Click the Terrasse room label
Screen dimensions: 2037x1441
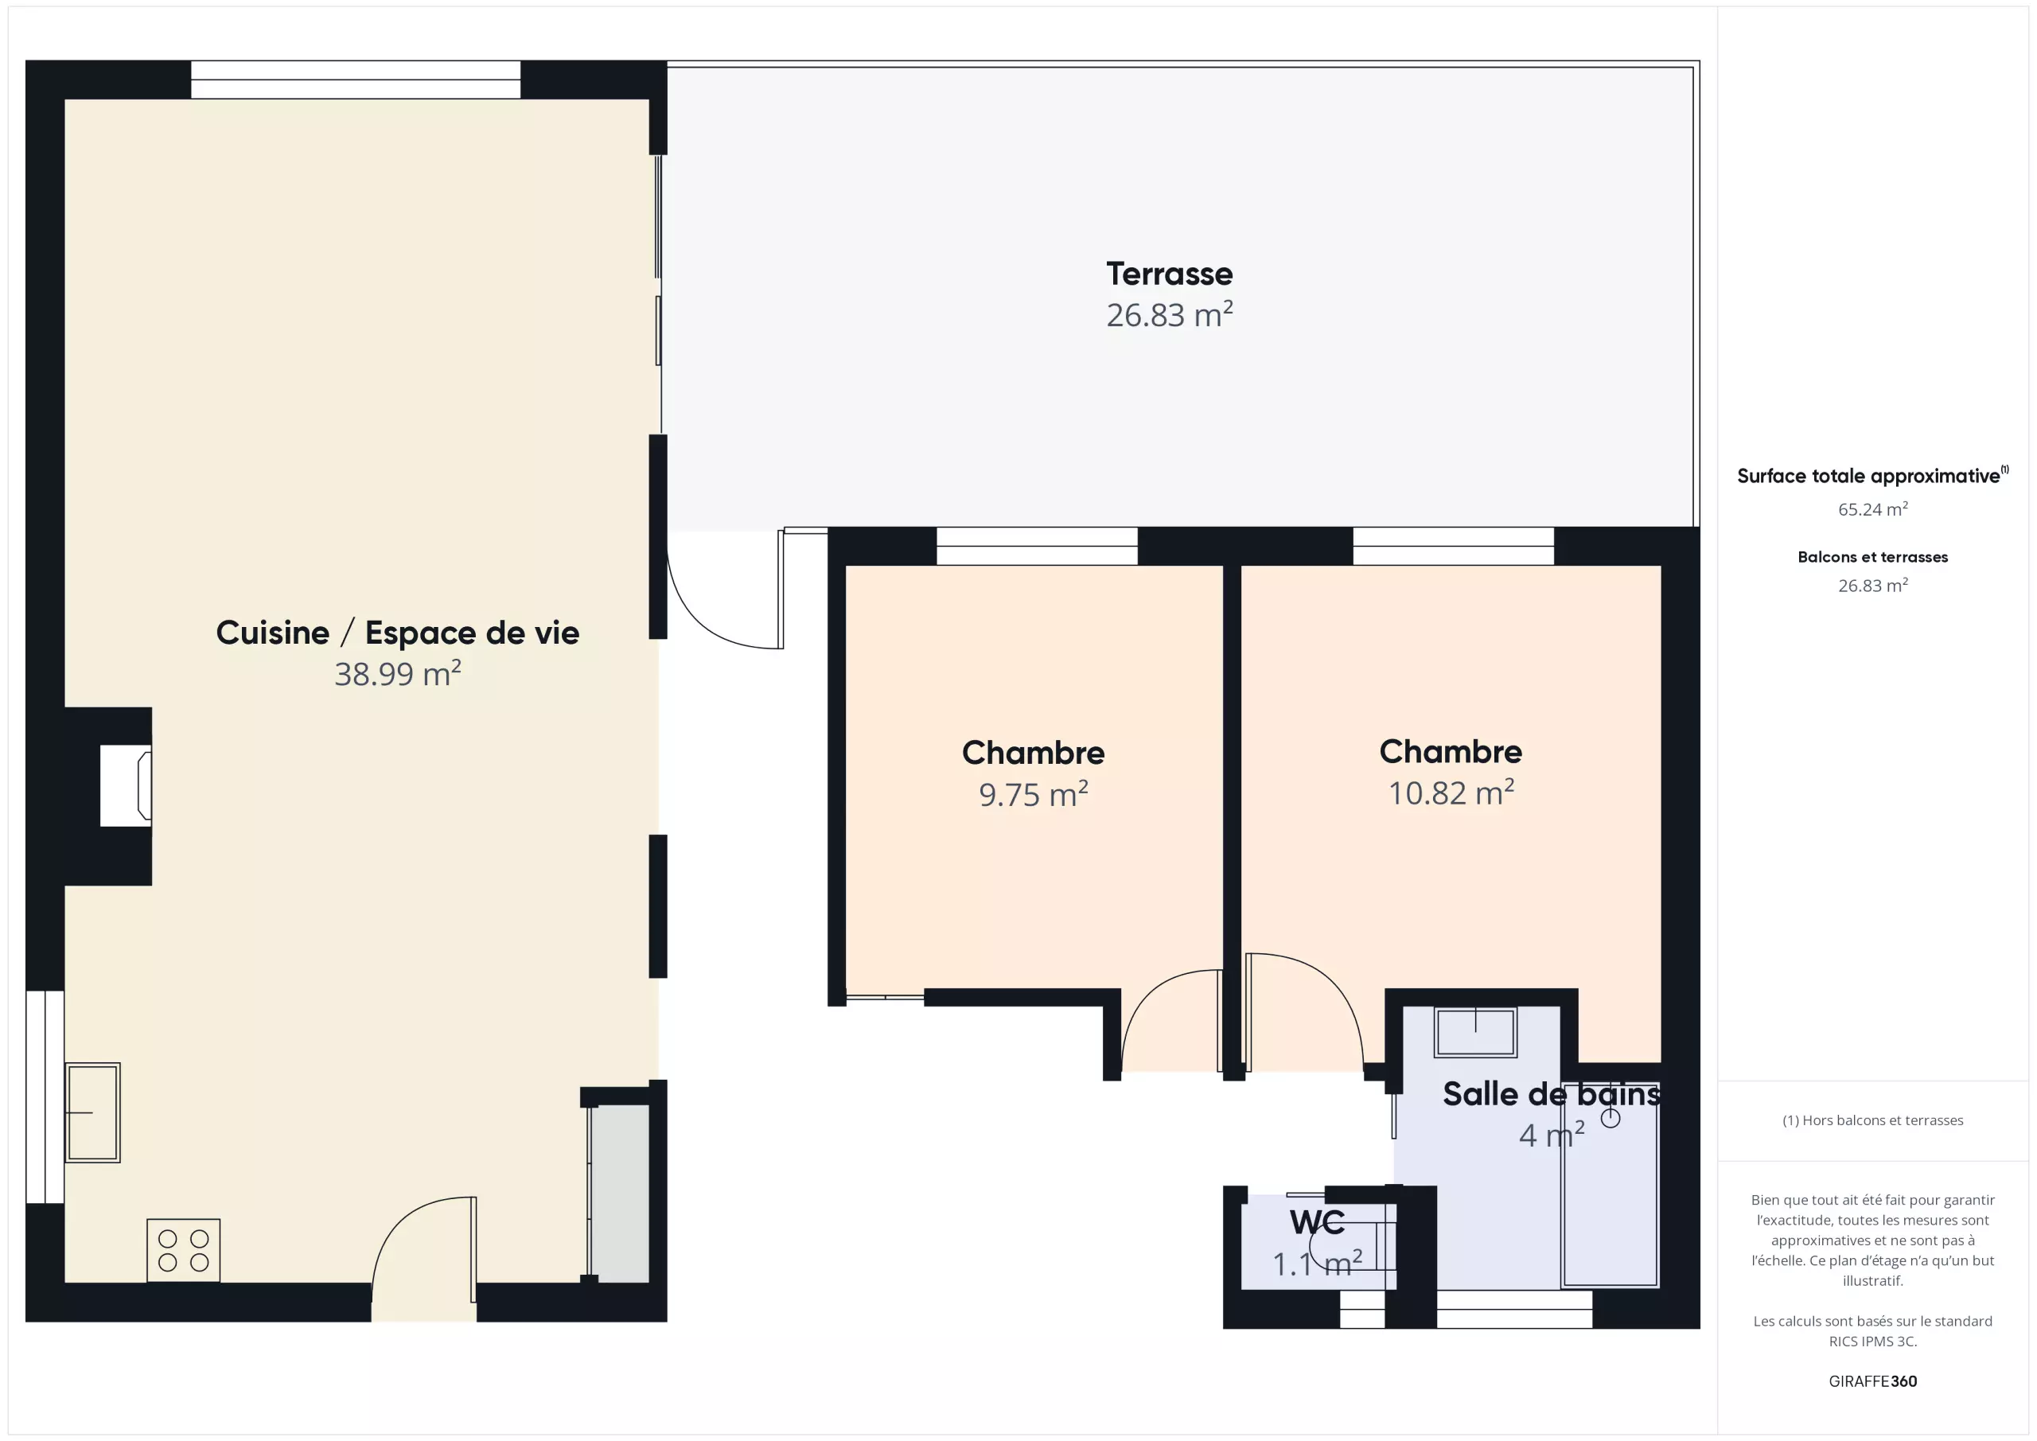1170,275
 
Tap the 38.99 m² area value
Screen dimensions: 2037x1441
398,673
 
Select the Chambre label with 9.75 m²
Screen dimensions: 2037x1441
1034,753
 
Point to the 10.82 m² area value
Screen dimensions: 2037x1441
1451,793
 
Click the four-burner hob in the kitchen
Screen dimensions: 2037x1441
184,1250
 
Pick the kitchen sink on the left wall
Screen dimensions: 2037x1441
92,1112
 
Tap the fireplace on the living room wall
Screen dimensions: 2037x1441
126,785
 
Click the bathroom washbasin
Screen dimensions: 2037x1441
1475,1032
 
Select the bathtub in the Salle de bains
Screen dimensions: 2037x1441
1611,1184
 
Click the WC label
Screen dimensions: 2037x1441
1318,1222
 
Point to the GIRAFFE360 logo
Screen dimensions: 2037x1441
1873,1381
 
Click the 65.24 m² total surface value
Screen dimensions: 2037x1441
1873,508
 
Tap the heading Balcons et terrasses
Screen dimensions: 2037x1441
1873,557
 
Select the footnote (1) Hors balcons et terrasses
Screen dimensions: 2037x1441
1873,1120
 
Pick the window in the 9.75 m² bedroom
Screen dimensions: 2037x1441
1037,546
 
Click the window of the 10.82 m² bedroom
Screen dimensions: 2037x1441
1453,546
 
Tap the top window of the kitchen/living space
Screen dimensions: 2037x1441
356,80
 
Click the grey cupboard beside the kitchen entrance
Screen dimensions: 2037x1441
619,1194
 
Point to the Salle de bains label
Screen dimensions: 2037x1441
1552,1094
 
